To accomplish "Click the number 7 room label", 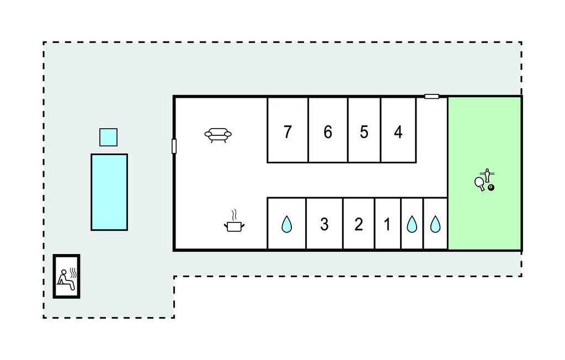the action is click(x=287, y=132).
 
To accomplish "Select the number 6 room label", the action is click(x=328, y=132).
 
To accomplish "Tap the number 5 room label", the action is click(x=364, y=132).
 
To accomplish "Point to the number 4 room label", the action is click(x=398, y=132).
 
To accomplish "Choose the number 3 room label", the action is click(x=324, y=224).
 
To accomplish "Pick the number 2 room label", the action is click(x=359, y=224).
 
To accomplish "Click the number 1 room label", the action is click(x=387, y=224).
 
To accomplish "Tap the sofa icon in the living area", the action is click(x=218, y=135).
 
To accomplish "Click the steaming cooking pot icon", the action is click(x=234, y=221).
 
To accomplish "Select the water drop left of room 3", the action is click(x=287, y=224).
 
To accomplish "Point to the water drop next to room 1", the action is click(x=412, y=224).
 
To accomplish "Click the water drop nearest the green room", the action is click(x=435, y=224).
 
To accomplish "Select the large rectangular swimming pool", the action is click(x=109, y=192).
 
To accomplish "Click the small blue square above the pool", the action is click(x=109, y=137).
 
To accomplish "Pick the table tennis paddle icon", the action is click(x=480, y=183).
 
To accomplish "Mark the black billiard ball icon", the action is click(x=491, y=188).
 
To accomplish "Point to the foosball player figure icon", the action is click(x=488, y=175).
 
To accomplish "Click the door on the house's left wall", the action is click(x=174, y=146).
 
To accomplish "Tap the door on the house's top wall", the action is click(x=431, y=96).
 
